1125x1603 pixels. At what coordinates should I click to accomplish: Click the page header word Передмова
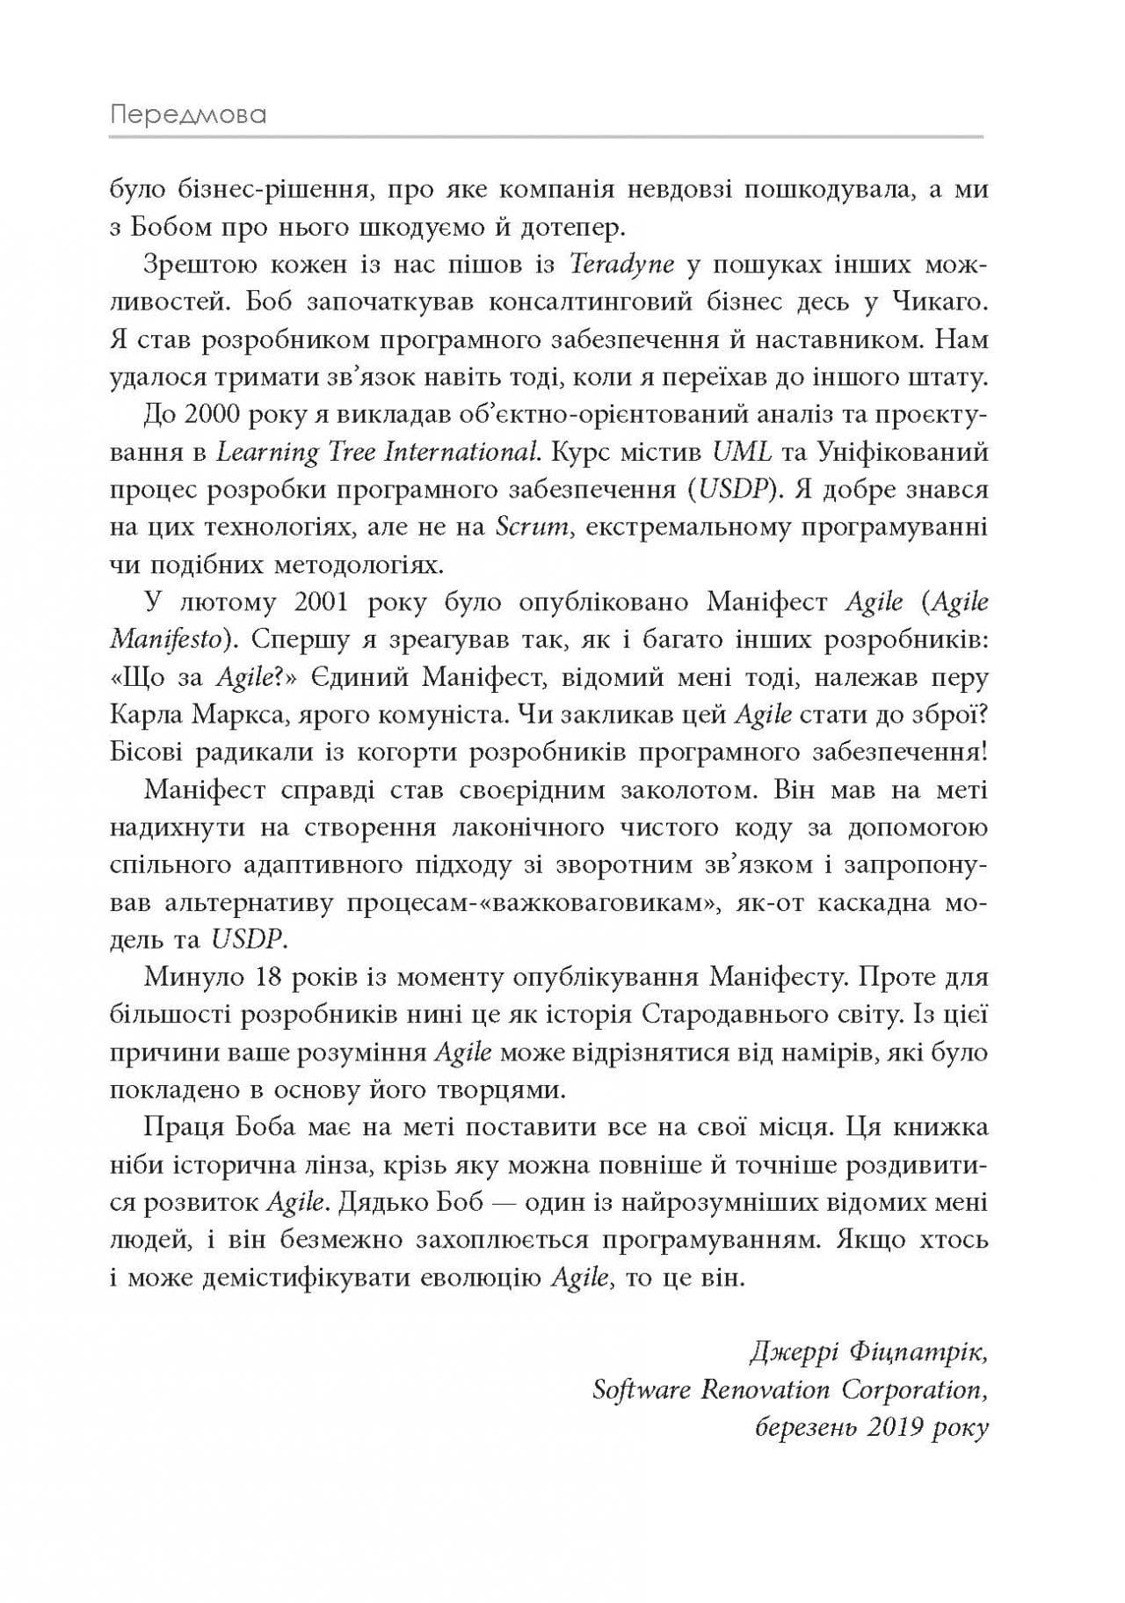pos(188,115)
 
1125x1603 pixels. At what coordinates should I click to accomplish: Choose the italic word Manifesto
pos(164,640)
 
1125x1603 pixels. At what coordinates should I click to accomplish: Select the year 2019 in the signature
pos(889,1428)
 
